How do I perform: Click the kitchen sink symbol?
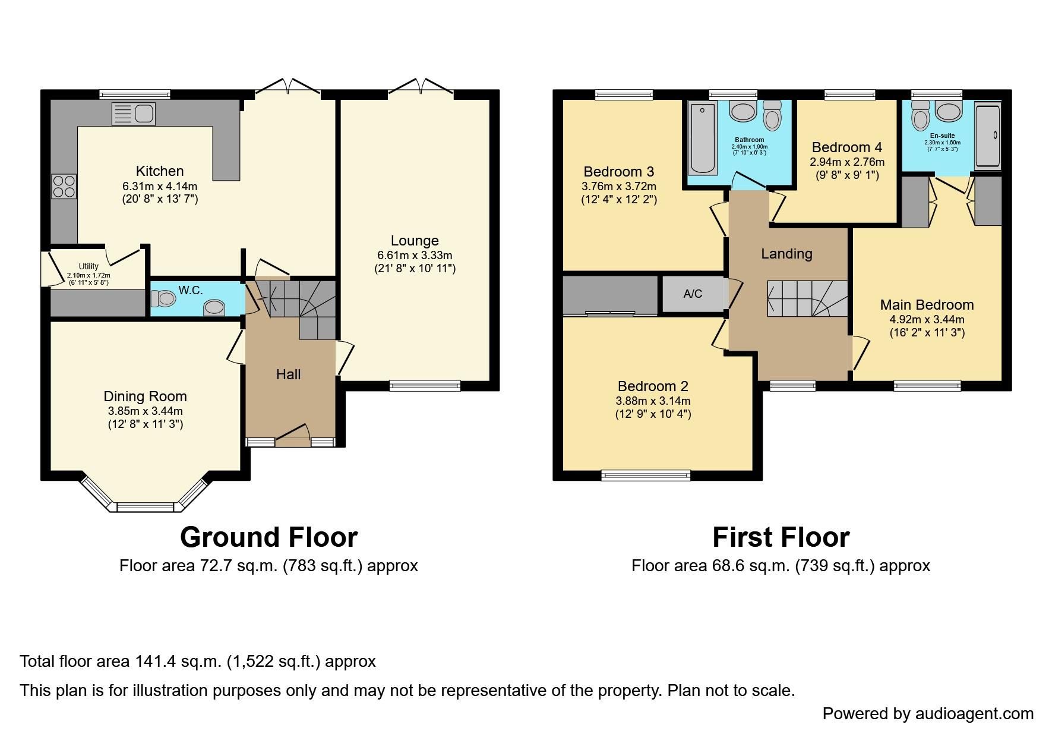(134, 114)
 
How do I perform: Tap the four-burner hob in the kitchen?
(64, 186)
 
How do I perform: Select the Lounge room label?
(415, 241)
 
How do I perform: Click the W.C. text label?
(191, 290)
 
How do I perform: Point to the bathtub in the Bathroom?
(703, 138)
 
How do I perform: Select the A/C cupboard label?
(693, 294)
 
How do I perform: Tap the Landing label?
(786, 254)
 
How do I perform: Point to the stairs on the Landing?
(807, 298)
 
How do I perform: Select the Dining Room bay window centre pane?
(145, 507)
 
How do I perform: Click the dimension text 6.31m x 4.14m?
(160, 186)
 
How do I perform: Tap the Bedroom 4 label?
(846, 147)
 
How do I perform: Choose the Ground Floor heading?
(268, 537)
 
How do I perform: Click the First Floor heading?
(781, 537)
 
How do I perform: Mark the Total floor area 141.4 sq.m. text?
(197, 662)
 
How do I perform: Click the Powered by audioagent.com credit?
(928, 713)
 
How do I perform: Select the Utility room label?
(89, 266)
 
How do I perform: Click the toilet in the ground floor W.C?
(163, 298)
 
